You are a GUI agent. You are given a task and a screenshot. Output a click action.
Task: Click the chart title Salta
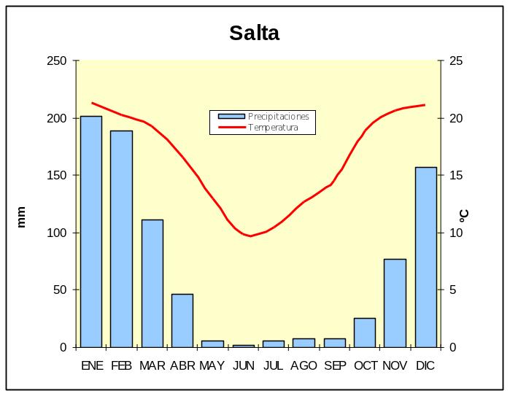tap(254, 34)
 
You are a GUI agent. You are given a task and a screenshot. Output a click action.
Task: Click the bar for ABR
tap(182, 320)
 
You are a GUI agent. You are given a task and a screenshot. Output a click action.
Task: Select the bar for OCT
tap(365, 333)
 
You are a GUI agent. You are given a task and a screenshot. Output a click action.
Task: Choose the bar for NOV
tap(395, 303)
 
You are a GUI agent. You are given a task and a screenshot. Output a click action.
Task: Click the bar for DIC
tap(425, 257)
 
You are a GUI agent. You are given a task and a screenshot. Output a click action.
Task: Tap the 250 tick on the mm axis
tap(56, 61)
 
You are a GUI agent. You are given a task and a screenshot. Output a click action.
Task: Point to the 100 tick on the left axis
tap(56, 233)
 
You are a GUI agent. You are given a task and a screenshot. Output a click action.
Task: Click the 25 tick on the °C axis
tap(455, 61)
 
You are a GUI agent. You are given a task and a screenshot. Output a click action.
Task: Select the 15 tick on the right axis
tap(455, 176)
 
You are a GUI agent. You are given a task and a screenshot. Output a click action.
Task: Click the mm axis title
tap(21, 217)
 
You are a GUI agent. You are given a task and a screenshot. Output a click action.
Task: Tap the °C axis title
tap(465, 216)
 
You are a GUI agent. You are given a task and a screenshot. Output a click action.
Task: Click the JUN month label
tap(243, 366)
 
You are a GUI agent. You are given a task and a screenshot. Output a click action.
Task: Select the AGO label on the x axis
tap(304, 366)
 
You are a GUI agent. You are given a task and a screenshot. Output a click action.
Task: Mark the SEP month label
tap(334, 366)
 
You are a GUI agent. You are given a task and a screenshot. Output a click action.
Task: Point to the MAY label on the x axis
tap(212, 366)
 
